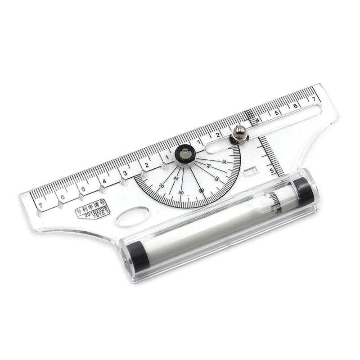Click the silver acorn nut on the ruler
(238, 134)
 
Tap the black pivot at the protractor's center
(184, 154)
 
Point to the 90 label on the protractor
(201, 190)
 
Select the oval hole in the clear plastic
(132, 216)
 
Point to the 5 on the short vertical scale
(272, 171)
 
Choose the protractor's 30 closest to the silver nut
(224, 161)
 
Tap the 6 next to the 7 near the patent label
(62, 197)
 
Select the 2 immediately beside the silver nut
(217, 134)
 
